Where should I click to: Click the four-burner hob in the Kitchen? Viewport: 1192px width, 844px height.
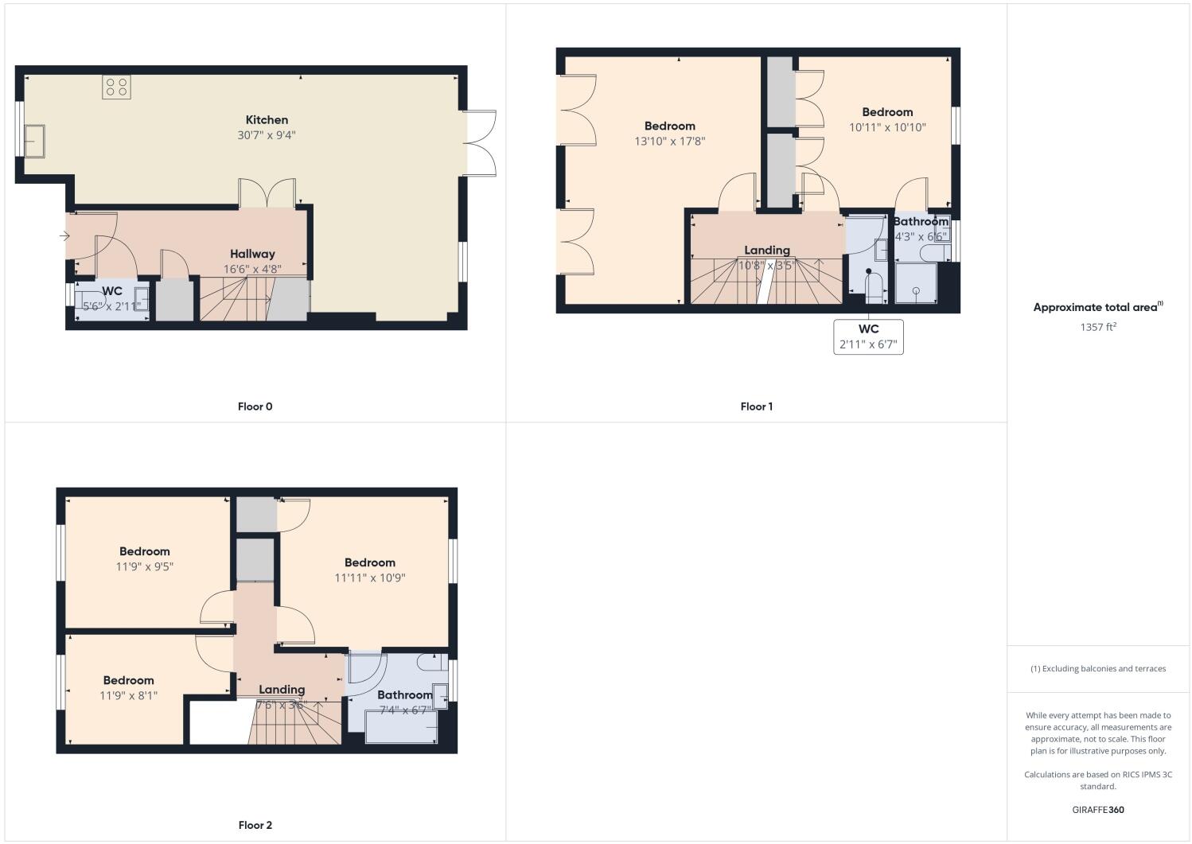click(x=116, y=87)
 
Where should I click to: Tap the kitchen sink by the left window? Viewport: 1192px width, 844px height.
click(x=34, y=141)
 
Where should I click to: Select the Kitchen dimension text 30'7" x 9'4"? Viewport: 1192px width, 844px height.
click(x=267, y=135)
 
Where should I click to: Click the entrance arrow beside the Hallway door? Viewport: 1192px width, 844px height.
click(x=64, y=235)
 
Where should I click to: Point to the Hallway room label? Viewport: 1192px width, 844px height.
click(x=252, y=254)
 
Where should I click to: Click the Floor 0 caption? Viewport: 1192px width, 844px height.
click(x=255, y=406)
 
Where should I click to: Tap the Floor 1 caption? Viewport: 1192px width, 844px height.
click(x=756, y=406)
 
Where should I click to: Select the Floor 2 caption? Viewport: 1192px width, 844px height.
click(x=255, y=825)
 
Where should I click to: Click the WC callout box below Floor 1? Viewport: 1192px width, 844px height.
click(x=868, y=336)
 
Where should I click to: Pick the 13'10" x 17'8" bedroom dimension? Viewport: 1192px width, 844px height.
click(x=670, y=142)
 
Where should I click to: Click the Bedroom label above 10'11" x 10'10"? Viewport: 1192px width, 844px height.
click(x=887, y=112)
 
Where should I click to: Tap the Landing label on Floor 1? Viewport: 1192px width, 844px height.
click(x=766, y=250)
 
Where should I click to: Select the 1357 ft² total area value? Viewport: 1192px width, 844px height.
click(x=1097, y=327)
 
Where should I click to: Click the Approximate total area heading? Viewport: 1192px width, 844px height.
click(x=1097, y=307)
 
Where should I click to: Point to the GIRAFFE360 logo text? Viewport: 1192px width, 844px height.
click(x=1097, y=810)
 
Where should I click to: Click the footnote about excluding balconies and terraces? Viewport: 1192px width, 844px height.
click(x=1097, y=668)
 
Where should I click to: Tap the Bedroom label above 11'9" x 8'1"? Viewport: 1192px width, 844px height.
click(x=128, y=680)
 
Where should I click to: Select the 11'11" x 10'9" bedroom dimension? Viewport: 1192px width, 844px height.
click(x=370, y=578)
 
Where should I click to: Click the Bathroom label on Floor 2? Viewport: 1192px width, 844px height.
click(x=404, y=694)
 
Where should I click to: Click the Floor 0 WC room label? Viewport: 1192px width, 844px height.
click(x=112, y=291)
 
